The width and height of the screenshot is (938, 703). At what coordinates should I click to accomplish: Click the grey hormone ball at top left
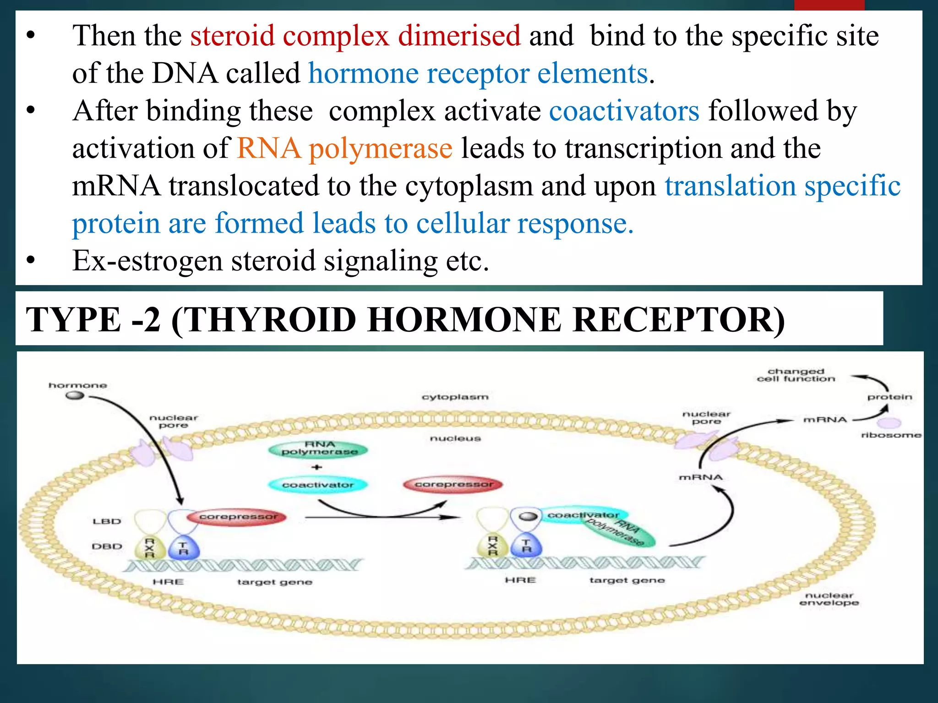tap(75, 395)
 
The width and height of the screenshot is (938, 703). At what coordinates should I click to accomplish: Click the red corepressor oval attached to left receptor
tap(237, 517)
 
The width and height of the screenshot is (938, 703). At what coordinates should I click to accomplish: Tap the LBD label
tap(107, 521)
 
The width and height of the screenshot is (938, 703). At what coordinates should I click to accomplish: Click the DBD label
tap(107, 546)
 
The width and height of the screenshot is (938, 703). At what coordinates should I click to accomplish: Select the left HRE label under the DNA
tap(168, 582)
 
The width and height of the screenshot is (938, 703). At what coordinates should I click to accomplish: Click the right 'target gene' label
tap(627, 580)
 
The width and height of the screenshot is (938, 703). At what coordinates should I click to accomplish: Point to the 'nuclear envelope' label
tap(829, 599)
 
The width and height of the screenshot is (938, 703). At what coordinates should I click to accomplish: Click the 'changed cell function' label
tap(796, 375)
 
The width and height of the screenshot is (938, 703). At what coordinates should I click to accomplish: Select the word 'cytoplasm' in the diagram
tap(455, 397)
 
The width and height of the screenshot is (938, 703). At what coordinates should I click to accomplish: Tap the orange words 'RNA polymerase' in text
tap(344, 148)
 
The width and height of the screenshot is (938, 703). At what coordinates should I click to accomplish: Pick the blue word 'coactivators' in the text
tap(624, 111)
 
